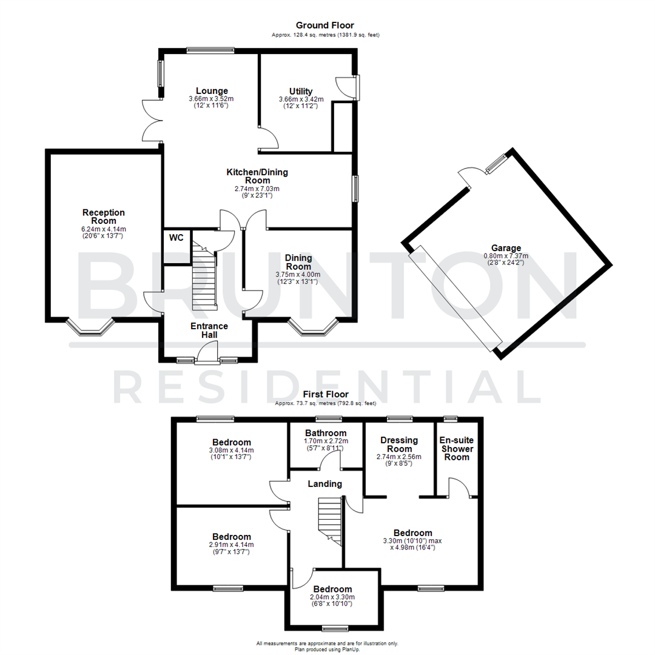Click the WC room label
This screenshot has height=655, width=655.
(x=176, y=238)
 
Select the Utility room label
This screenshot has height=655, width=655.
(x=301, y=91)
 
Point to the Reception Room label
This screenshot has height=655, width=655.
(x=104, y=217)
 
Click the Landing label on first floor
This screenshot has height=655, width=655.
(x=325, y=484)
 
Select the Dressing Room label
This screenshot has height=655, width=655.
(x=398, y=445)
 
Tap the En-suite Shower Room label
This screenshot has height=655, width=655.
(x=457, y=448)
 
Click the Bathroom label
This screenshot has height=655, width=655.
(x=326, y=433)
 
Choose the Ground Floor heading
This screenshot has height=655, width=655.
(x=325, y=25)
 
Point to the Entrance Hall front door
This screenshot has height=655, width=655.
(x=208, y=353)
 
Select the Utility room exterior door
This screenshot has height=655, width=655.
(x=347, y=86)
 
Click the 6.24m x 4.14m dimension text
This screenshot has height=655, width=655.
(x=104, y=229)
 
